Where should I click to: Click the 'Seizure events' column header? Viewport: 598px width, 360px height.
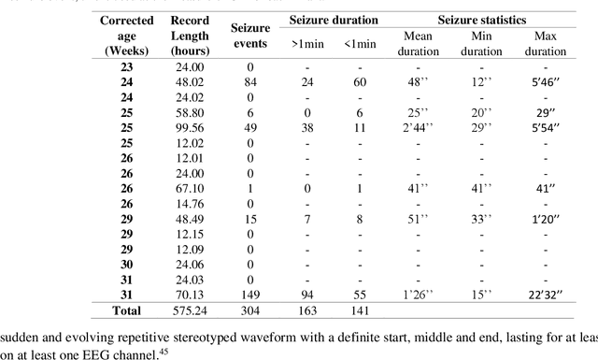coord(249,36)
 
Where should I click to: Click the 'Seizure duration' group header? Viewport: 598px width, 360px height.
coord(333,20)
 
